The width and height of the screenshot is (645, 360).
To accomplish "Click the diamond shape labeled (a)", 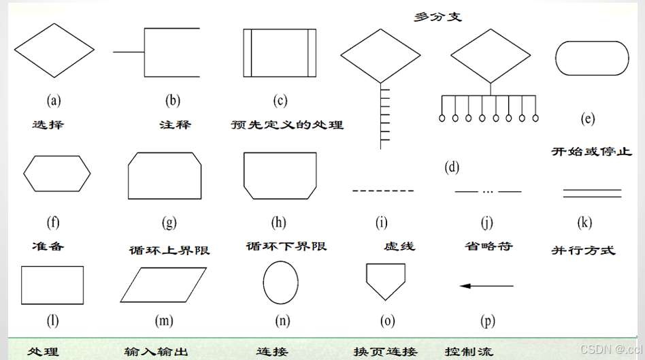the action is click(54, 50).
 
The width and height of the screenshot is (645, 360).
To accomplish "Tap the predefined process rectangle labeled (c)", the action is click(280, 52).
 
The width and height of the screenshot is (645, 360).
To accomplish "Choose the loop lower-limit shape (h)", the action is click(280, 176).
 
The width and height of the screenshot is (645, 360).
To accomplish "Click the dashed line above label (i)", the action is click(382, 191).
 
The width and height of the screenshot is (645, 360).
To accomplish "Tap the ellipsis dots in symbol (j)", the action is click(488, 191).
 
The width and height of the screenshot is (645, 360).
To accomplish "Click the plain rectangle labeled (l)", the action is click(53, 284).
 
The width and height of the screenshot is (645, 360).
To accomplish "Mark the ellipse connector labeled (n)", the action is click(280, 284).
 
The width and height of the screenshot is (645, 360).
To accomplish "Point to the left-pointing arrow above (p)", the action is click(487, 285).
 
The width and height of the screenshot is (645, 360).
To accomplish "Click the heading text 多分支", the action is click(437, 16).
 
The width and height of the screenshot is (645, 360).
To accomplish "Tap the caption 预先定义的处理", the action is click(287, 125).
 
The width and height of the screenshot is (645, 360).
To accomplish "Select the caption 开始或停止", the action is click(591, 151).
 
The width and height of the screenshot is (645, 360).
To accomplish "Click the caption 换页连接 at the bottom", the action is click(385, 352).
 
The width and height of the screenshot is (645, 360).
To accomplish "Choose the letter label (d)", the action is click(451, 167).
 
